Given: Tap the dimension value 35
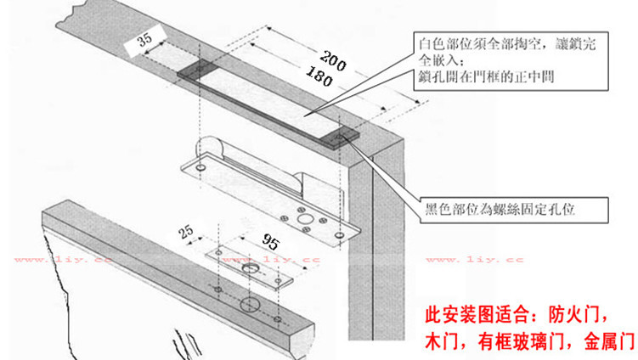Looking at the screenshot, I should [x=144, y=40].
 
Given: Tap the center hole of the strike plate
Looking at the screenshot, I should [x=250, y=268].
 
